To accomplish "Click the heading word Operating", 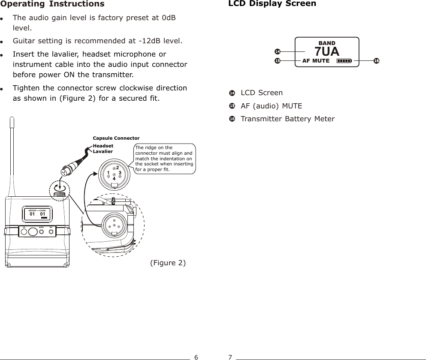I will (x=24, y=4).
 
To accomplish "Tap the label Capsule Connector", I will (x=116, y=138).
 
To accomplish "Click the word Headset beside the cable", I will (x=103, y=146).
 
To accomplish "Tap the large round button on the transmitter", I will (x=33, y=232).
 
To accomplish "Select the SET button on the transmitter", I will (x=51, y=232).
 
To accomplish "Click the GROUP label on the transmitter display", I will (x=33, y=211).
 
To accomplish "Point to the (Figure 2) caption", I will (x=168, y=263).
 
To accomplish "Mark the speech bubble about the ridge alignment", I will (x=164, y=159).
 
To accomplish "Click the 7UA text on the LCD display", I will (x=327, y=51).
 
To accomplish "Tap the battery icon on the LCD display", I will (x=344, y=61).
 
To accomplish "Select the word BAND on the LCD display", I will (x=327, y=43).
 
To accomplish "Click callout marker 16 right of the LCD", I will (x=376, y=61).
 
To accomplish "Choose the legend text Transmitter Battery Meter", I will (x=287, y=119).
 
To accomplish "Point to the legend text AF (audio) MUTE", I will (x=271, y=106).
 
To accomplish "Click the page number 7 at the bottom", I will (x=230, y=357).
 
